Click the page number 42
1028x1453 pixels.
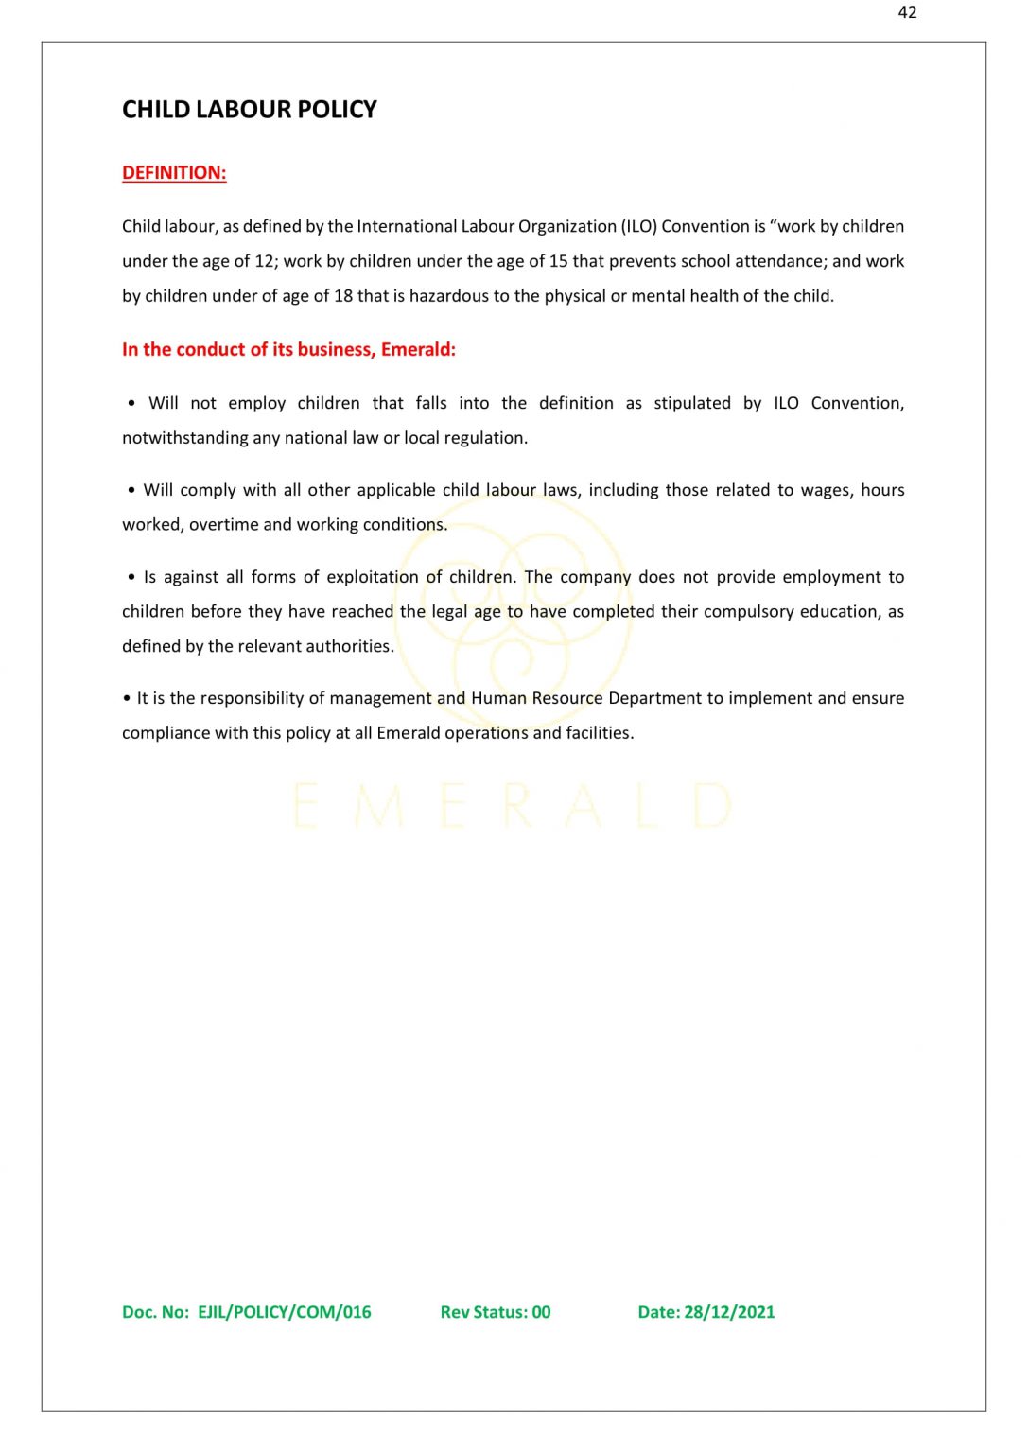(x=907, y=12)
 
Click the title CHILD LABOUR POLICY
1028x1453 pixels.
(x=249, y=110)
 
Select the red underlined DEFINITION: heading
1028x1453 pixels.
(x=174, y=173)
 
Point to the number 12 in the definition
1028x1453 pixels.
(x=264, y=261)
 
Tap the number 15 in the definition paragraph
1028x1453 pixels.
(x=558, y=261)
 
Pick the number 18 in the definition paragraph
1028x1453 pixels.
(x=343, y=296)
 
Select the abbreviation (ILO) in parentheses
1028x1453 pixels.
(x=638, y=226)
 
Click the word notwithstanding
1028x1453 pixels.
(x=184, y=438)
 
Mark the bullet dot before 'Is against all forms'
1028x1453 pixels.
(x=131, y=577)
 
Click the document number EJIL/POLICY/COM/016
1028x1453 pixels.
(x=284, y=1312)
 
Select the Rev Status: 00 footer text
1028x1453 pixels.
(x=495, y=1312)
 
